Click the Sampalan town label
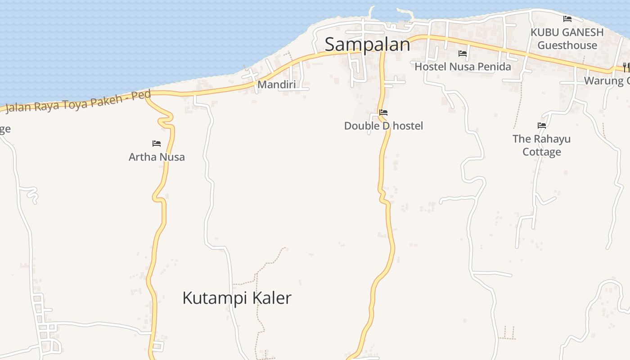click(x=367, y=45)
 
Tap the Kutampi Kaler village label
click(x=237, y=298)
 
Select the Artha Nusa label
click(x=157, y=157)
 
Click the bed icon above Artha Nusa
click(x=157, y=144)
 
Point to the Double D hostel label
click(x=383, y=126)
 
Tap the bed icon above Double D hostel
click(x=383, y=112)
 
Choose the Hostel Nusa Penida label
click(x=463, y=67)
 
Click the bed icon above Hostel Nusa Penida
click(x=463, y=54)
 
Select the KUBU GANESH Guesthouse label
click(x=567, y=39)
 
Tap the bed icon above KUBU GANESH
click(x=567, y=19)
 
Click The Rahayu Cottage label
click(x=541, y=145)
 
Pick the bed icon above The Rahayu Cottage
click(x=542, y=126)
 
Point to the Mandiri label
click(x=276, y=85)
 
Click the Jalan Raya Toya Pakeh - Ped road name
click(x=78, y=103)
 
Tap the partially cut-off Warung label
click(x=607, y=81)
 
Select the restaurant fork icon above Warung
click(x=626, y=67)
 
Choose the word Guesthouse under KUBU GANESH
click(x=567, y=45)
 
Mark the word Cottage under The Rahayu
click(x=541, y=152)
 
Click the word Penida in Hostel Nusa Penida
click(x=493, y=67)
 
